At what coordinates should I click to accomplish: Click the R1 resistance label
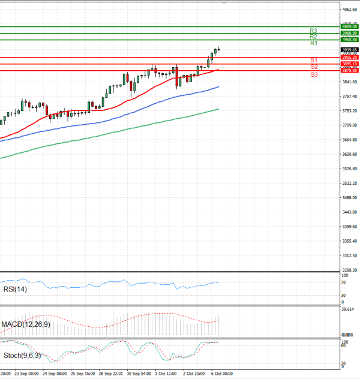click(313, 43)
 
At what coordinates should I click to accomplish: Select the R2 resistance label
click(313, 37)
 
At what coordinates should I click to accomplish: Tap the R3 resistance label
click(313, 30)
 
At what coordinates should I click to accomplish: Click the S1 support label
click(313, 61)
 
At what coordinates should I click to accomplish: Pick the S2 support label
click(313, 67)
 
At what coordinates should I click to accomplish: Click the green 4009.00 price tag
click(349, 26)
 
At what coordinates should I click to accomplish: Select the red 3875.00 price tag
click(349, 70)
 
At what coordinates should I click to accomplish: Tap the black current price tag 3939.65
click(349, 50)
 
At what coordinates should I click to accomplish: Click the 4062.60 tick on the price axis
click(349, 10)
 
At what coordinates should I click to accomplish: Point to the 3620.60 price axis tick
click(349, 154)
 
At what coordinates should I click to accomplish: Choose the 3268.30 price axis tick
click(349, 270)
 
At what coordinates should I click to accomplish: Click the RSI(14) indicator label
click(15, 290)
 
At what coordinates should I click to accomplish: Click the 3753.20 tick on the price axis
click(349, 111)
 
